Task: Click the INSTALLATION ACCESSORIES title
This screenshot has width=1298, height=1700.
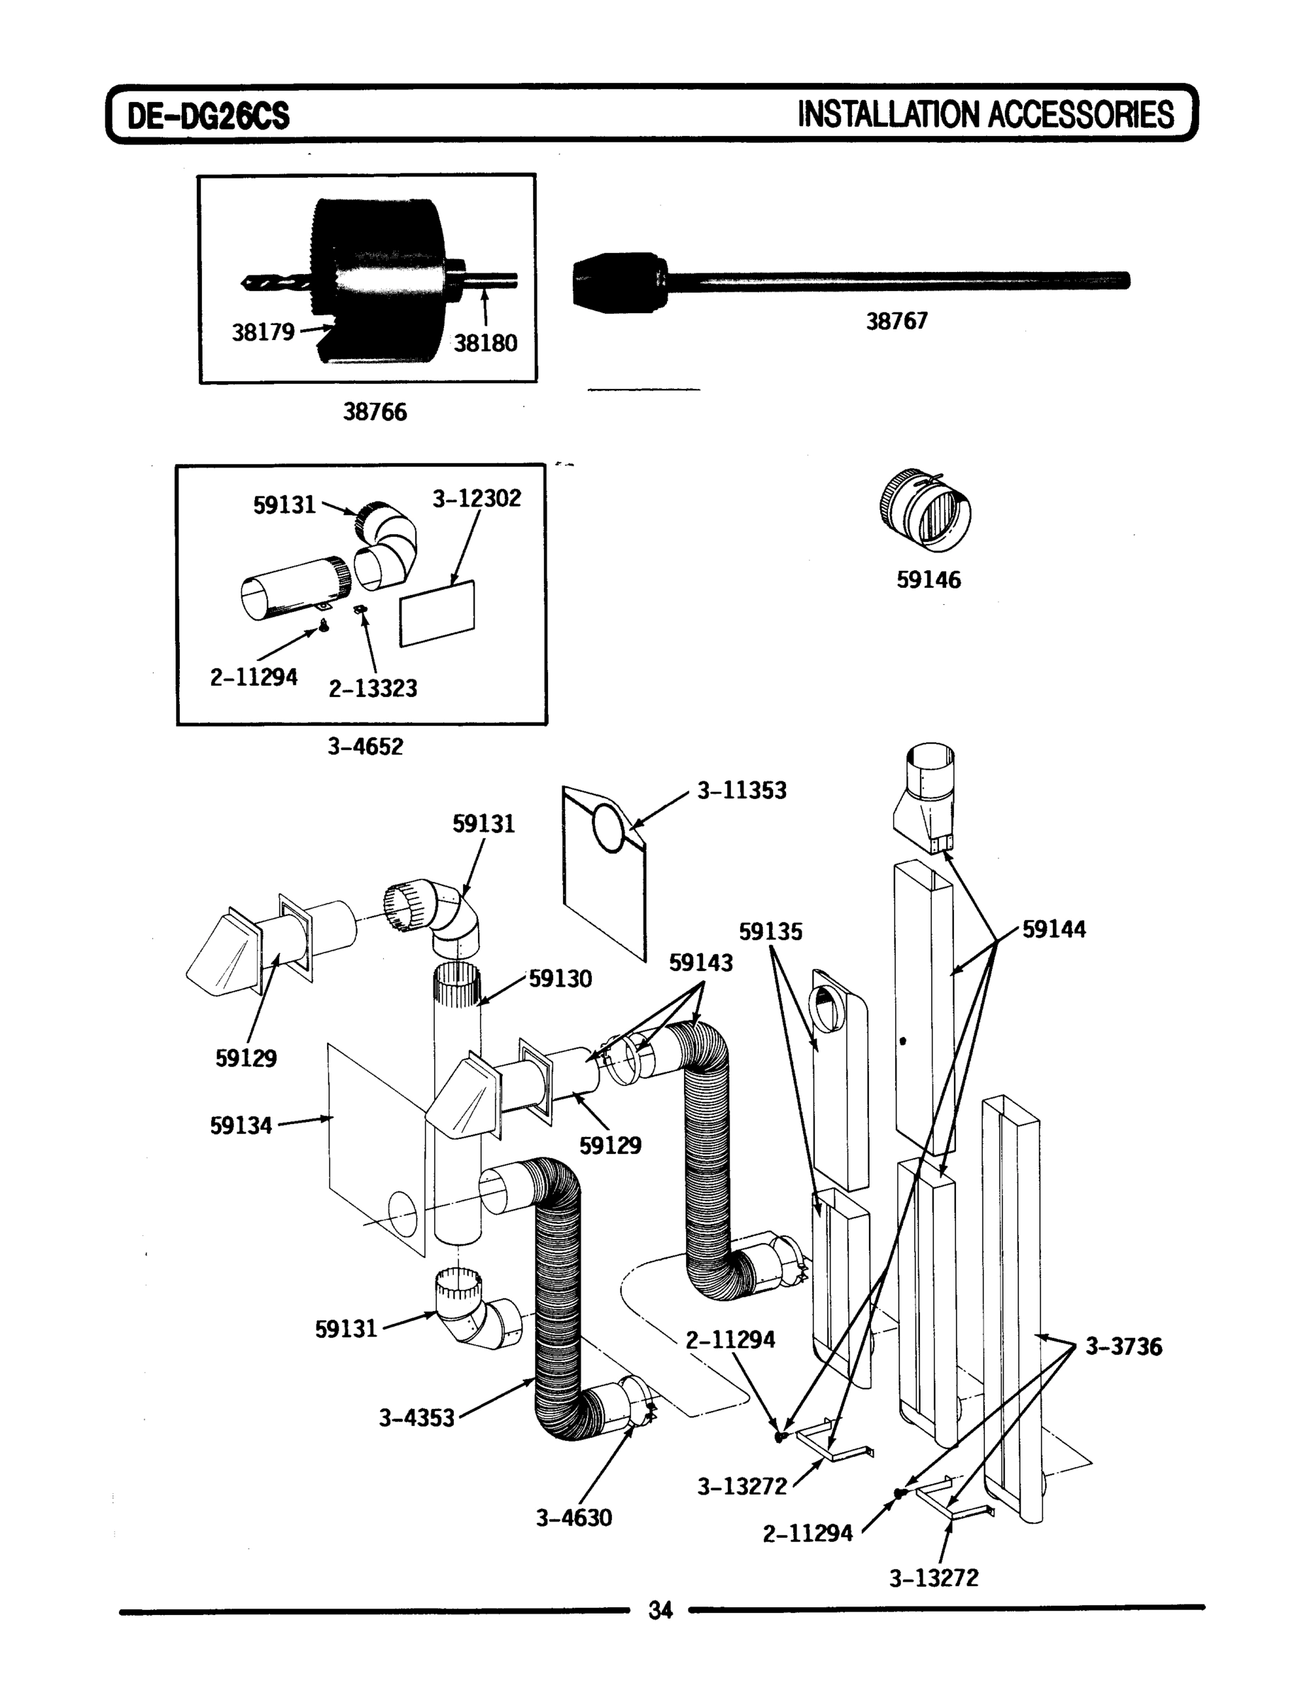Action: [985, 114]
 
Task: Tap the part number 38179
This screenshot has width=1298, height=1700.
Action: [263, 332]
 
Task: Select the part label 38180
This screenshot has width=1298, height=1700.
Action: [485, 343]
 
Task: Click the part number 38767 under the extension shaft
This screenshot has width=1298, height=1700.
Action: [896, 321]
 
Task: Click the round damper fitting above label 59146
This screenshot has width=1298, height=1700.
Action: [925, 509]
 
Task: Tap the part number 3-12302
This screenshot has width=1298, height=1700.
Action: [477, 499]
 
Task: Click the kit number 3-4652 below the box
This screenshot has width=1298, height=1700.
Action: [365, 747]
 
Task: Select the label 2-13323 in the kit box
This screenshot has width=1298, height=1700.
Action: [373, 688]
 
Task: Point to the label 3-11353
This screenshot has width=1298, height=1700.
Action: [741, 790]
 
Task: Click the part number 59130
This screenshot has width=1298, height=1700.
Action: [560, 979]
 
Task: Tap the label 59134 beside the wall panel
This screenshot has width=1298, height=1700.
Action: [241, 1126]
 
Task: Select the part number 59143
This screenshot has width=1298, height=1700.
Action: [701, 963]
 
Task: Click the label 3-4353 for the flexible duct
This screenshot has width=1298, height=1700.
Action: [416, 1418]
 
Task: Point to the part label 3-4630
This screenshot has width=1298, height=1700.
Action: [574, 1518]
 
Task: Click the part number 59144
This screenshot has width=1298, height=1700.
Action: [1054, 929]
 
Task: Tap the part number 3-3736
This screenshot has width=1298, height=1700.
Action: [1123, 1347]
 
